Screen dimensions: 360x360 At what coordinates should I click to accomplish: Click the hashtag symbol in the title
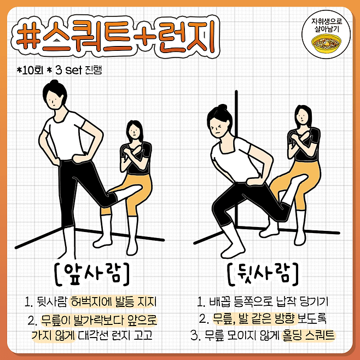point(27,37)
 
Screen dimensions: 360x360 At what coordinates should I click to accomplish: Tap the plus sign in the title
point(146,37)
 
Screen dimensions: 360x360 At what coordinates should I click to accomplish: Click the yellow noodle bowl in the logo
point(326,43)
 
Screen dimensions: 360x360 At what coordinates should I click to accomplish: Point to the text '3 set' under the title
point(69,70)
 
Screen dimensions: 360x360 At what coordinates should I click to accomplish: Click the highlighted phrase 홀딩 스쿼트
point(308,335)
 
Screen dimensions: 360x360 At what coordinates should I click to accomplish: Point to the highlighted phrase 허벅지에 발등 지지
point(113,301)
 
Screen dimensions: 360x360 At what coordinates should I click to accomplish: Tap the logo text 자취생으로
point(327,21)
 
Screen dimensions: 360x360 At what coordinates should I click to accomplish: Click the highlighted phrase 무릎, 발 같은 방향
point(255,318)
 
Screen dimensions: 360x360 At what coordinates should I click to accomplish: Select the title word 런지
point(187,37)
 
